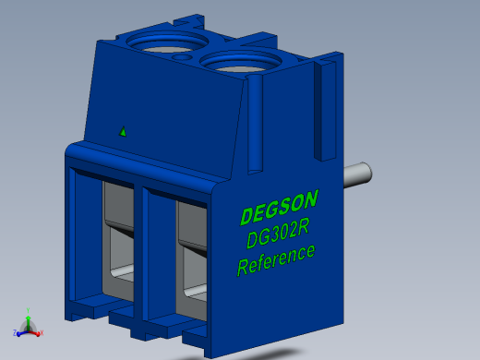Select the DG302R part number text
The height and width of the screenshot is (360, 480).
point(278,234)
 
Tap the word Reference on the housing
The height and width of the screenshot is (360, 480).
point(276,258)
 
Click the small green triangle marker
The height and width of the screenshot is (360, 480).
point(123,131)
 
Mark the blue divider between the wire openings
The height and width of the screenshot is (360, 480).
point(144,249)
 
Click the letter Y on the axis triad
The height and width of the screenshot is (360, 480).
point(28,311)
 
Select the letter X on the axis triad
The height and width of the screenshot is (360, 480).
point(43,331)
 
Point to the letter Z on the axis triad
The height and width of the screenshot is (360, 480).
point(15,332)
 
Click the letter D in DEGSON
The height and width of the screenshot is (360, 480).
point(246,216)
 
